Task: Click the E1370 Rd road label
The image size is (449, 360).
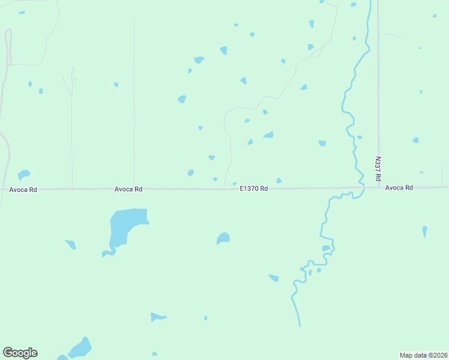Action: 253,188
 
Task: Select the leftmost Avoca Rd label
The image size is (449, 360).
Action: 23,190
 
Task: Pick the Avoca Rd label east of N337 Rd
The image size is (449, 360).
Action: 399,188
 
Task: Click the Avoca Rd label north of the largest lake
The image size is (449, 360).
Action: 128,189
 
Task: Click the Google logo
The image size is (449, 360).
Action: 20,353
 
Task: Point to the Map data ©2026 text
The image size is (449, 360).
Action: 423,355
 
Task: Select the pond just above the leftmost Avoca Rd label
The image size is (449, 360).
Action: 23,175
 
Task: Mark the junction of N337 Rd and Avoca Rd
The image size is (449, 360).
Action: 379,187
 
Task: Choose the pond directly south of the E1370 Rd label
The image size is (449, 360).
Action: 223,238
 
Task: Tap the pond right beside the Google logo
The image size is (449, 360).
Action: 80,348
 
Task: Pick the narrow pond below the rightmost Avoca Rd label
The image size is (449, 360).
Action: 424,231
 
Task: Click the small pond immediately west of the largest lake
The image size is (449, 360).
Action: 71,244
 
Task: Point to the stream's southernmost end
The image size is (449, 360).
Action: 299,326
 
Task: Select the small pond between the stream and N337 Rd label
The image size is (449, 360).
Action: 360,137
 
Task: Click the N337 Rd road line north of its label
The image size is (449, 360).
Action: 378,90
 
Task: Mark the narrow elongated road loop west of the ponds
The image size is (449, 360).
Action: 8,45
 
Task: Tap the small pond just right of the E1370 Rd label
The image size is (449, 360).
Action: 279,181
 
